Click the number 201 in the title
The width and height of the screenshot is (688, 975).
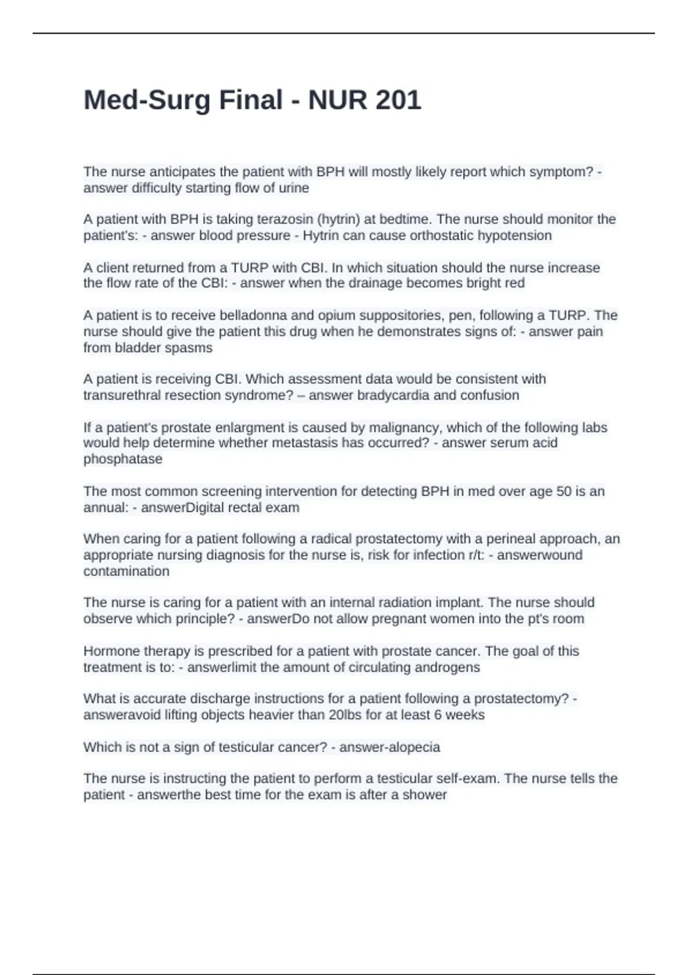pos(398,100)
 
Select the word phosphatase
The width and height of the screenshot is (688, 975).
pos(123,459)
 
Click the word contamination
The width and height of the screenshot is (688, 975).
pos(126,571)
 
